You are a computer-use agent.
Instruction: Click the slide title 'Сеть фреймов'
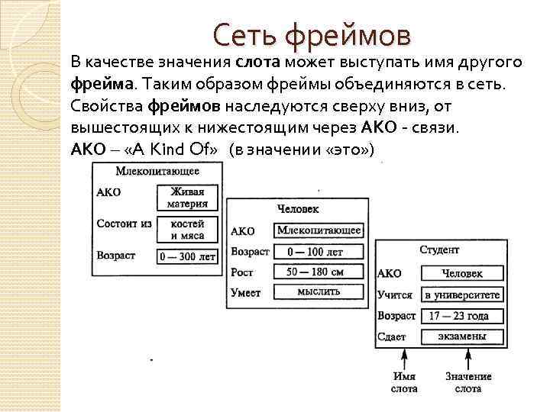click(x=311, y=35)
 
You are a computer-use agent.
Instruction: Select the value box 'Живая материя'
click(x=188, y=198)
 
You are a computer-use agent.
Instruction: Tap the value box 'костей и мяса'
click(x=188, y=230)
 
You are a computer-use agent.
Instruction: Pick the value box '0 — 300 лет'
click(x=188, y=257)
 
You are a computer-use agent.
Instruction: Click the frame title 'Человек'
click(x=298, y=208)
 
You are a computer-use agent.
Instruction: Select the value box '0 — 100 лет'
click(x=319, y=251)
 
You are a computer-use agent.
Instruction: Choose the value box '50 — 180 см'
click(x=319, y=272)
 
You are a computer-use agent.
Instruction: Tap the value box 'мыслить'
click(x=319, y=291)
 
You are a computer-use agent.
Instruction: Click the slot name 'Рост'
click(x=241, y=272)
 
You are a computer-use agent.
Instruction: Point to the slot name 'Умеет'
click(x=245, y=292)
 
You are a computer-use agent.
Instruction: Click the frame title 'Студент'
click(x=439, y=249)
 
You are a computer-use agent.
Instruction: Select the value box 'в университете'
click(x=463, y=295)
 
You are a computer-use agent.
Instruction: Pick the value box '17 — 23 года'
click(x=463, y=316)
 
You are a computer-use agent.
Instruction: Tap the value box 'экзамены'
click(x=463, y=336)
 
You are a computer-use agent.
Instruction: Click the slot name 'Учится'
click(x=395, y=295)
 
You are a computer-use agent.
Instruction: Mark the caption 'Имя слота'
click(x=404, y=382)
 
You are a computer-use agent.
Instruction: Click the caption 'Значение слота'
click(x=468, y=382)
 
